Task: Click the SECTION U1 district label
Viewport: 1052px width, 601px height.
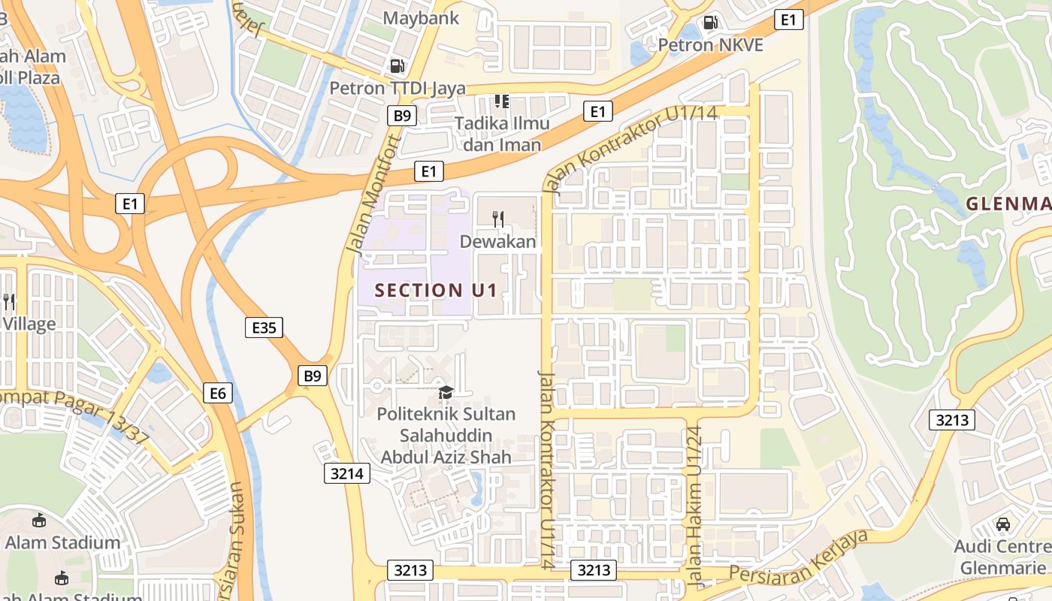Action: click(x=436, y=290)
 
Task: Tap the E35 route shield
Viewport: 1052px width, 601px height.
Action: click(x=264, y=328)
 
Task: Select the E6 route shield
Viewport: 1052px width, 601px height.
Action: click(x=218, y=392)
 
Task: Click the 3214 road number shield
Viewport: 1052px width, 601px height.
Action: click(x=347, y=473)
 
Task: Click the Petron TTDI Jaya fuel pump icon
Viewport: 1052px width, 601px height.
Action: click(x=397, y=66)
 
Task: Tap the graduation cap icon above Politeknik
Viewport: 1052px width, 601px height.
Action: click(x=446, y=392)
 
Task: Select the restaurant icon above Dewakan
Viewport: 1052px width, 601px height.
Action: click(x=497, y=219)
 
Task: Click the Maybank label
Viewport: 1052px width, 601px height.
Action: click(x=421, y=17)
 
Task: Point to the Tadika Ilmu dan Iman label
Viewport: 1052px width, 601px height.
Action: click(x=502, y=134)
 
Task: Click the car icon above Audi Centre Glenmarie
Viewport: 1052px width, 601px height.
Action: click(x=1002, y=524)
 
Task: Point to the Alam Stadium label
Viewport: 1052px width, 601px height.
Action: click(x=62, y=542)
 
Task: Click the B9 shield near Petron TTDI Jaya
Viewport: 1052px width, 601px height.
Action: click(x=402, y=115)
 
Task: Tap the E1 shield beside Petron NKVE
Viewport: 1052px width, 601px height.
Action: click(x=787, y=20)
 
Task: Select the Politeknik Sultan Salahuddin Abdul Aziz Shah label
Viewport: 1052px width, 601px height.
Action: click(x=446, y=435)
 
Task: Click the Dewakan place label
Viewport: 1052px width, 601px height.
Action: click(x=497, y=241)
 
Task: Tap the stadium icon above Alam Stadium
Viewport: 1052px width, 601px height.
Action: click(x=39, y=520)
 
